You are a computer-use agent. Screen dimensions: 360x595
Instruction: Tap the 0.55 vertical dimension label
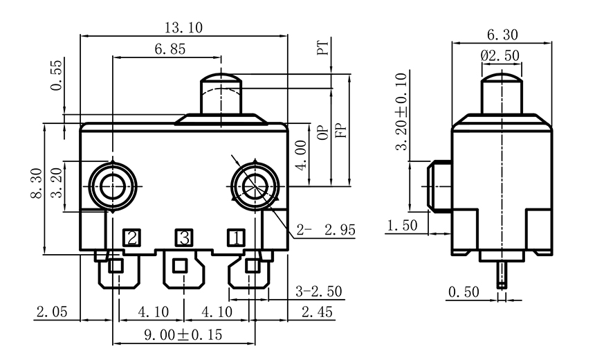pyautogui.click(x=56, y=75)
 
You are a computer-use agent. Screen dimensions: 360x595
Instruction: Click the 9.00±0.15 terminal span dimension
pyautogui.click(x=184, y=335)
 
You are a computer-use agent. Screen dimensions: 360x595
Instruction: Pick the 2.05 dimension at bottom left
pyautogui.click(x=52, y=312)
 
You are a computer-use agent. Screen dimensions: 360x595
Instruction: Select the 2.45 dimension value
pyautogui.click(x=315, y=312)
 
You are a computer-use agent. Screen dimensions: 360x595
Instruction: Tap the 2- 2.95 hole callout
pyautogui.click(x=325, y=231)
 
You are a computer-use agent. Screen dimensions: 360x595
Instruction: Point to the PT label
pyautogui.click(x=322, y=49)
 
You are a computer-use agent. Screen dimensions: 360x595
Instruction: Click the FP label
pyautogui.click(x=340, y=129)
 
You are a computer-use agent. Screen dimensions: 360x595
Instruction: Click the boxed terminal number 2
pyautogui.click(x=131, y=238)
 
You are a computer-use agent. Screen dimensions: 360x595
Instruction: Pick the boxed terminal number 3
pyautogui.click(x=183, y=238)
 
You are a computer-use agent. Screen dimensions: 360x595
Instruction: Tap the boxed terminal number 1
pyautogui.click(x=236, y=238)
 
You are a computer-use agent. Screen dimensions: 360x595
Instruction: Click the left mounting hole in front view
pyautogui.click(x=111, y=184)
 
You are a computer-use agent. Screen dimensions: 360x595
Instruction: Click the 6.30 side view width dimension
pyautogui.click(x=502, y=35)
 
